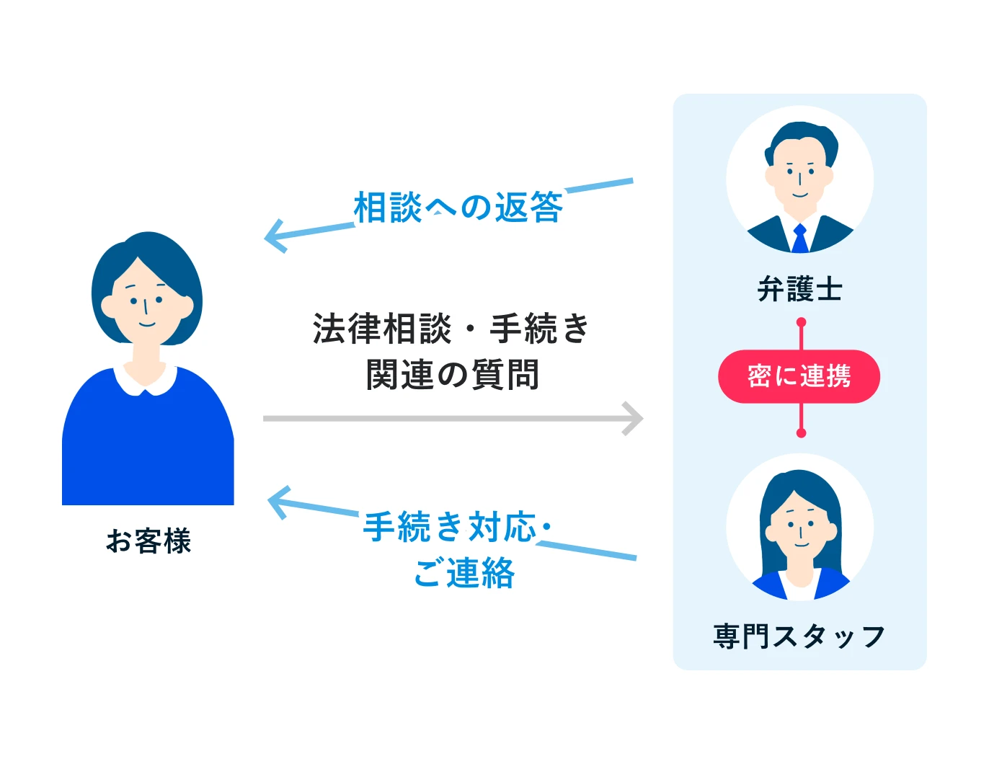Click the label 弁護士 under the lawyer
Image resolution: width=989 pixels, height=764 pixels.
799,290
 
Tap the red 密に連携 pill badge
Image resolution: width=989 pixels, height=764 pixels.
799,376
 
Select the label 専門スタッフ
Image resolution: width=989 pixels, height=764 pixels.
799,636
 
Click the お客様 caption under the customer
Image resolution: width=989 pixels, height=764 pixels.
148,541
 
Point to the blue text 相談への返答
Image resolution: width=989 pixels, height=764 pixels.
458,208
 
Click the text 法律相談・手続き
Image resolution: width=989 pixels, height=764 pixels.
451,329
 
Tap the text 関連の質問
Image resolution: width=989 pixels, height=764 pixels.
452,375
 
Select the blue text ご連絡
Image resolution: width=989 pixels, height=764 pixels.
464,574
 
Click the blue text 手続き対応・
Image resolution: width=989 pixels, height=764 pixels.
456,527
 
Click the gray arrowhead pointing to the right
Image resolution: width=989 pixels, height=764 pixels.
634,418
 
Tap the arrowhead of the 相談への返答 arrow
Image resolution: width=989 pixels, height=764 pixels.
274,236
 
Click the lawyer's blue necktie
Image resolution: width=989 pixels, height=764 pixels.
799,239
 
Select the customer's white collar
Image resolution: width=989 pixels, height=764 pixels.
146,380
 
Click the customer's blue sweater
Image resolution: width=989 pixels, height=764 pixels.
148,447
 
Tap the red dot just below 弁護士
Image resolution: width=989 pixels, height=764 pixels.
800,322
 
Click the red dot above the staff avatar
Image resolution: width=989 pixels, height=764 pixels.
800,432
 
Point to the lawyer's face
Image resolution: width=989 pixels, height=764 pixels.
799,177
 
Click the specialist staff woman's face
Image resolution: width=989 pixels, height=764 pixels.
799,530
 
